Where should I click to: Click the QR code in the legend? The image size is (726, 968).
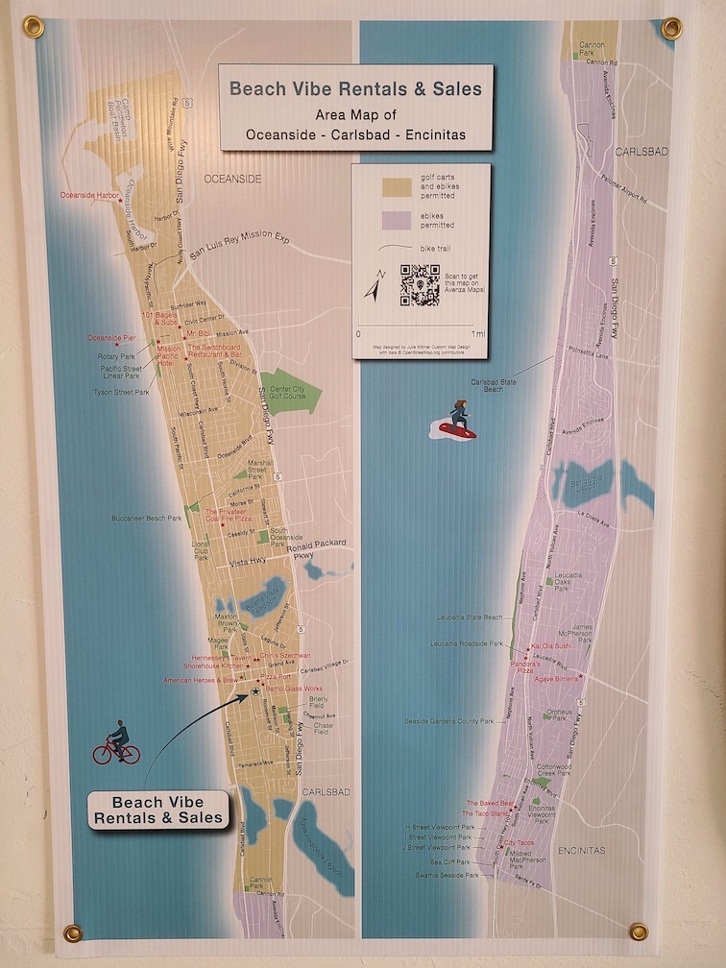[x=421, y=285]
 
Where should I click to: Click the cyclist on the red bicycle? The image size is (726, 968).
[x=116, y=744]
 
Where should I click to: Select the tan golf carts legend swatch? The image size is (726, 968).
[x=397, y=187]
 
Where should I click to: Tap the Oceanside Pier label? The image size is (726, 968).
[x=111, y=338]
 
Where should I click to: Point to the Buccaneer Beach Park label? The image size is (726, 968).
[x=146, y=519]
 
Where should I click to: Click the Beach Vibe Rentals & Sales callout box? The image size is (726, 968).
[x=159, y=811]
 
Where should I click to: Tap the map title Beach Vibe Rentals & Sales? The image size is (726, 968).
[x=355, y=90]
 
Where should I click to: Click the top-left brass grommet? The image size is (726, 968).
[x=34, y=26]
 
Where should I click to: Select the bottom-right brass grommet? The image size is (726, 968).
[x=639, y=931]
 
